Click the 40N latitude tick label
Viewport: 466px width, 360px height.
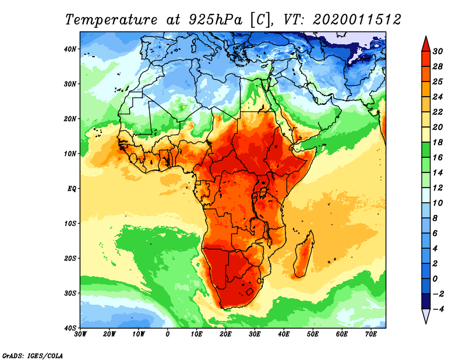[70, 49]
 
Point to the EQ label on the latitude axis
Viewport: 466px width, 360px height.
[72, 189]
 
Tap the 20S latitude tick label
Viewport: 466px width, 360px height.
[70, 258]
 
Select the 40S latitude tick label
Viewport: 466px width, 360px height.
[70, 328]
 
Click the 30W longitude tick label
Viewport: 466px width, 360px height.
[80, 334]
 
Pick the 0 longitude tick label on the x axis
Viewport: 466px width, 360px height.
[168, 334]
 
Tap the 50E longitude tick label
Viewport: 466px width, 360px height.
[313, 334]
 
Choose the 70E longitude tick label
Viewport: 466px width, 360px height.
[371, 334]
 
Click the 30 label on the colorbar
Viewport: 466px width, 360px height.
[437, 51]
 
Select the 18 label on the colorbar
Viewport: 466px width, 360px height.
[437, 142]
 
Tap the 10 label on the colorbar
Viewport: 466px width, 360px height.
[437, 203]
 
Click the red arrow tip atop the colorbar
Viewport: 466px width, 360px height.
[426, 37]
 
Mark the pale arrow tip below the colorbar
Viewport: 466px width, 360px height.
[426, 323]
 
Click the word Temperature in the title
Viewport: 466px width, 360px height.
[111, 20]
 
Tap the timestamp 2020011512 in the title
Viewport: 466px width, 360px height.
[357, 20]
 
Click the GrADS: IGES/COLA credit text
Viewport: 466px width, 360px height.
[33, 355]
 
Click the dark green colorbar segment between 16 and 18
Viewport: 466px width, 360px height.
[426, 150]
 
